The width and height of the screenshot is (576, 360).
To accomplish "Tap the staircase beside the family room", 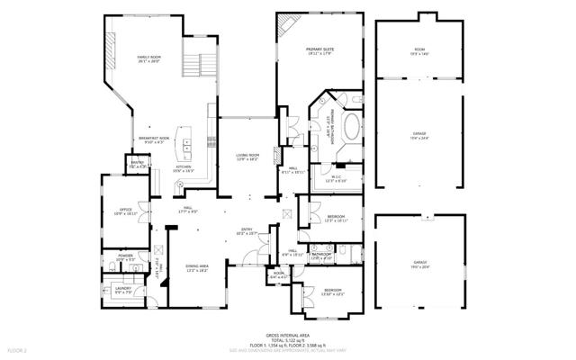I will click(200, 62).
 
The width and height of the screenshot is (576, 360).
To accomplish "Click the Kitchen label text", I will click(184, 168).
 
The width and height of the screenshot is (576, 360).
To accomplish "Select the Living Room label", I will click(247, 157).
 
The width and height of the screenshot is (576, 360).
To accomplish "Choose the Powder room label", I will click(126, 257).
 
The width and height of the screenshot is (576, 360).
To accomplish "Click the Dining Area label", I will click(197, 267).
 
